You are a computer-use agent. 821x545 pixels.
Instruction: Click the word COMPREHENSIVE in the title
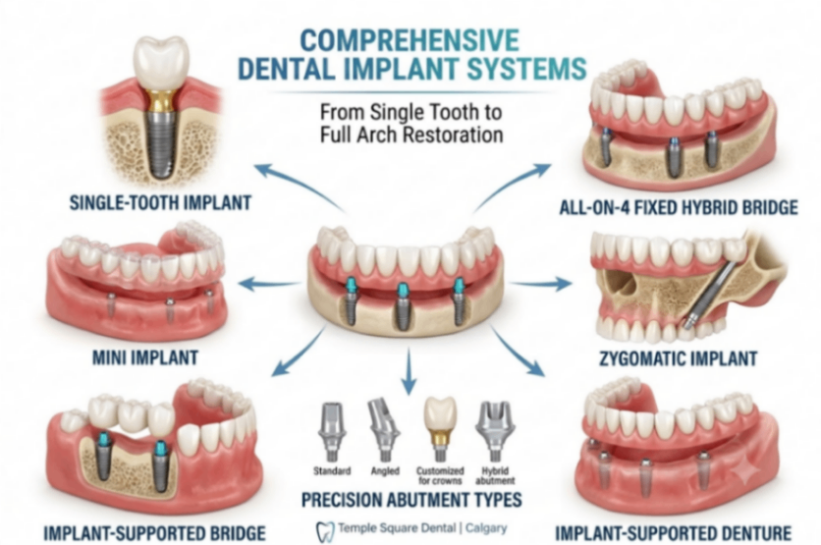point(410,41)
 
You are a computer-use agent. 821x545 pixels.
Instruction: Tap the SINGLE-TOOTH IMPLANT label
point(160,202)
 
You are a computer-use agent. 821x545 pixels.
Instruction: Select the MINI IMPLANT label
point(145,357)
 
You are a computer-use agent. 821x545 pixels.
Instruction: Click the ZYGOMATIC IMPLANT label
point(678,358)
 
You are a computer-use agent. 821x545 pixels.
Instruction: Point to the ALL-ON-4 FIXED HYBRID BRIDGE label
point(679,207)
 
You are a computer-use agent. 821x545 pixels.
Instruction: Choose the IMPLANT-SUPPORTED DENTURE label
point(674,533)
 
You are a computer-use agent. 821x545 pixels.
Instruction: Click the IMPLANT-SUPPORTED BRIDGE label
point(154,533)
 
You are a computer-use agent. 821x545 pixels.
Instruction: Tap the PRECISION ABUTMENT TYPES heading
point(411,500)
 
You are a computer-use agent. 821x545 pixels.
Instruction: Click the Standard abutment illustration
point(331,432)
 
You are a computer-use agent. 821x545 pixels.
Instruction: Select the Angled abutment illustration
point(383,430)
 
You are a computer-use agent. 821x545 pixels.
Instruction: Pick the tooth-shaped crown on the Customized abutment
point(440,413)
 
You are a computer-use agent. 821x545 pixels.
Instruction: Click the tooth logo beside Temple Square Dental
point(325,531)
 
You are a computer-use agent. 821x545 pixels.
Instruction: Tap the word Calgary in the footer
point(486,528)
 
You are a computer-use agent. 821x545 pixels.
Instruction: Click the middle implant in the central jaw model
point(402,306)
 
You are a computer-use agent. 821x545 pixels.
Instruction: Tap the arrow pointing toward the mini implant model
point(269,284)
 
